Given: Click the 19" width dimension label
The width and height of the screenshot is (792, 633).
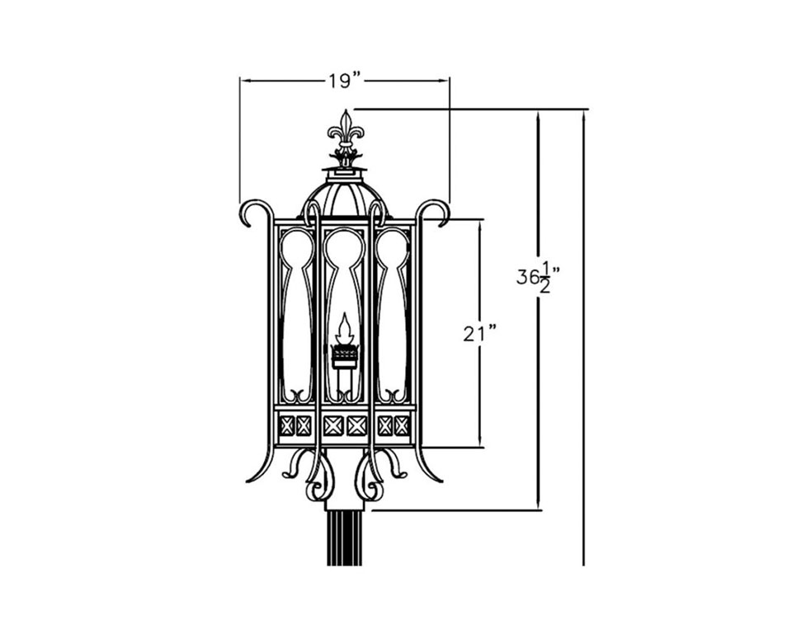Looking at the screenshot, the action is (x=346, y=81).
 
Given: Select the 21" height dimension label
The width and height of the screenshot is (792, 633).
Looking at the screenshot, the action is (x=480, y=334).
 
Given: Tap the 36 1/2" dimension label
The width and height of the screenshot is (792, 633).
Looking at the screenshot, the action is (x=539, y=277).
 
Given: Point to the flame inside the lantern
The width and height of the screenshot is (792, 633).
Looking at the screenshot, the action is (x=345, y=328).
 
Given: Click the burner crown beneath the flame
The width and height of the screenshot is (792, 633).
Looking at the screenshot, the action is (x=345, y=354).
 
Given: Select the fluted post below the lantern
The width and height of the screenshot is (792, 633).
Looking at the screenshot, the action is (x=346, y=538).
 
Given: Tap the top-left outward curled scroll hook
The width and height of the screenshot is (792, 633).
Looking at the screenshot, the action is (x=252, y=212).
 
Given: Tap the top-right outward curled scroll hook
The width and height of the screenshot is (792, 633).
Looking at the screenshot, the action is (x=436, y=212).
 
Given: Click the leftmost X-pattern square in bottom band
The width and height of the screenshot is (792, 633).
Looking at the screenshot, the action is (x=287, y=425).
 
